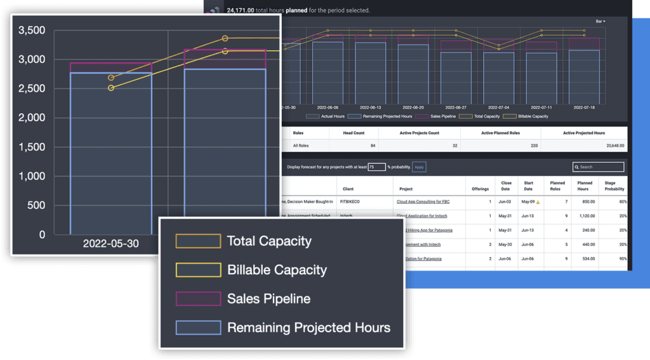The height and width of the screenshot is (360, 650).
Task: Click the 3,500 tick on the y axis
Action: pos(32,30)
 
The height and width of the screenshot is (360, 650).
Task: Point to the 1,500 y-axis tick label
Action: pos(32,147)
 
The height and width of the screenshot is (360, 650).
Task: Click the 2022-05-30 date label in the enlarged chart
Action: pos(110,244)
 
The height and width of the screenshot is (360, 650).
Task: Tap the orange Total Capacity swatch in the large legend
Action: pos(199,241)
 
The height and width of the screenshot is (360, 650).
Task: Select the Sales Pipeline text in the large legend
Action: pos(269,298)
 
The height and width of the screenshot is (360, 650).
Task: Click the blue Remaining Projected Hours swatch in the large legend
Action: pos(199,328)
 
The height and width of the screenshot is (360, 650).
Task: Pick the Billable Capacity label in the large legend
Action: pos(277,270)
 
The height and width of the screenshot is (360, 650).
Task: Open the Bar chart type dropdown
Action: pos(600,22)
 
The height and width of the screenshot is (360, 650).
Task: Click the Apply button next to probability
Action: pos(419,167)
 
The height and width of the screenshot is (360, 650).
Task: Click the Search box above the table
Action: pos(598,167)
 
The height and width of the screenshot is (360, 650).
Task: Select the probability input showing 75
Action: pos(376,167)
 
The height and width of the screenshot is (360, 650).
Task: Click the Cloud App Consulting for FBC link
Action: pos(423,201)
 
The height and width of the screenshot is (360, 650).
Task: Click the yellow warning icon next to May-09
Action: pos(538,202)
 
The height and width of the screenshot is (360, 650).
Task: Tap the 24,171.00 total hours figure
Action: pos(241,10)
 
